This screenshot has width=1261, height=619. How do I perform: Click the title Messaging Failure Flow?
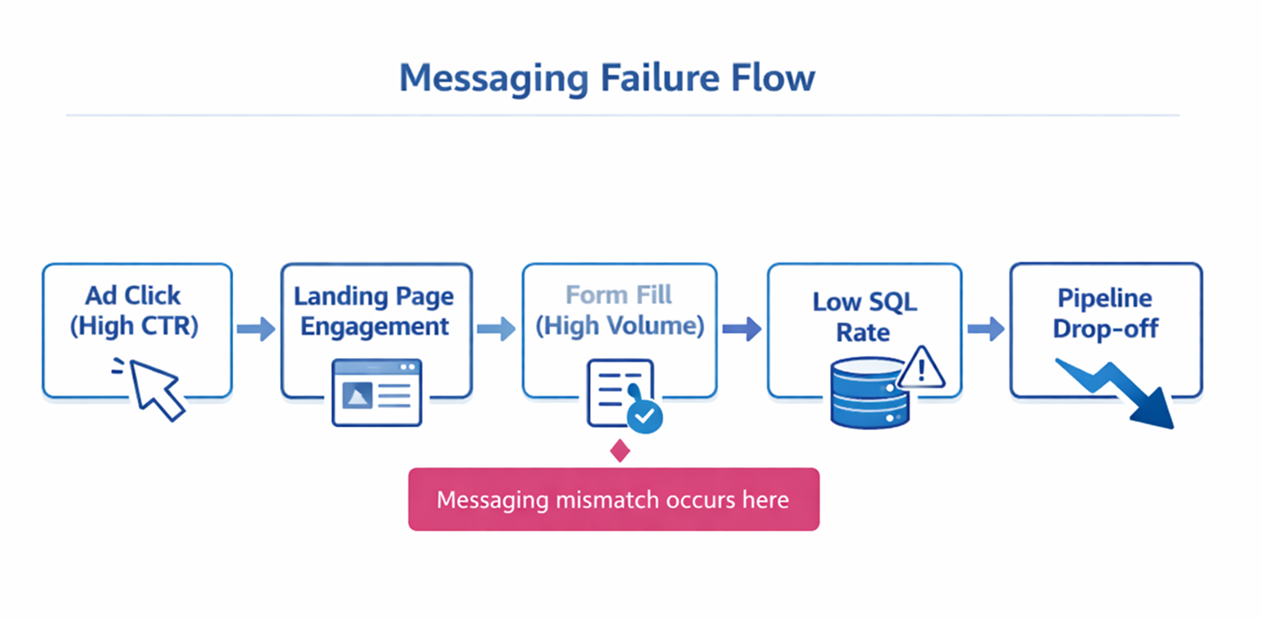click(607, 78)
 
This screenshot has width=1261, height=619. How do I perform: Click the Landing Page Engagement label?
click(375, 311)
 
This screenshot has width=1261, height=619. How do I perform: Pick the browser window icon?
click(377, 392)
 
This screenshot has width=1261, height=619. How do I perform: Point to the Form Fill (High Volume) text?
click(620, 310)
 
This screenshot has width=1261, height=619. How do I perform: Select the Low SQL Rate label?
click(864, 317)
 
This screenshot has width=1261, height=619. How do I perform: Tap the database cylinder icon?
click(869, 393)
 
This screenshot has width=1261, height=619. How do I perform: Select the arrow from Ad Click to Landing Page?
click(256, 330)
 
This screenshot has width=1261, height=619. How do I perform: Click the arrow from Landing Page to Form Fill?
click(496, 330)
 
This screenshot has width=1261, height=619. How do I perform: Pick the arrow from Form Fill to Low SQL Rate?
click(741, 330)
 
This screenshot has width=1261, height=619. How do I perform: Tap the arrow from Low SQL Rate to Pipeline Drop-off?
click(985, 330)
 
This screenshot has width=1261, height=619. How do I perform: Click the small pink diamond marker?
click(621, 451)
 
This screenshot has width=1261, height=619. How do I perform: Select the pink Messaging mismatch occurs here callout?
click(613, 499)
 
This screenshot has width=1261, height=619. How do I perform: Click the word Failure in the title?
click(653, 78)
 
